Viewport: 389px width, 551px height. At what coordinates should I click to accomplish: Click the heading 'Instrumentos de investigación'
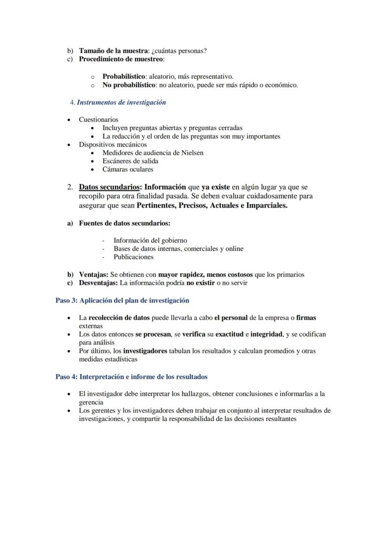121,102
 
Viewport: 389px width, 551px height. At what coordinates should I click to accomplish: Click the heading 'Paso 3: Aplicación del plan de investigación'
122,300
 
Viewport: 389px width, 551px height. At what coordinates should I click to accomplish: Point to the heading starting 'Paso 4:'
132,377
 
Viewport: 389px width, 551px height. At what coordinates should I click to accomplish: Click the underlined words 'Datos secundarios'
109,187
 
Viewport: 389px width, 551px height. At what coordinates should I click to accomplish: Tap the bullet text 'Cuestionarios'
99,120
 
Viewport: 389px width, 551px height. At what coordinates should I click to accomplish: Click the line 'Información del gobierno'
150,240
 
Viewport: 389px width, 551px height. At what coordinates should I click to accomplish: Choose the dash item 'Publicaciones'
133,257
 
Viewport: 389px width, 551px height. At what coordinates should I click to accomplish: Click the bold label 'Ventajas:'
93,274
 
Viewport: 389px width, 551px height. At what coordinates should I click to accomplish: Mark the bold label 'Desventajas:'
98,283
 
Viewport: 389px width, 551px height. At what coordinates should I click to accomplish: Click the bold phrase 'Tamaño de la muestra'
113,51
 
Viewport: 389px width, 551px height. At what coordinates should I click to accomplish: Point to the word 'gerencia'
91,402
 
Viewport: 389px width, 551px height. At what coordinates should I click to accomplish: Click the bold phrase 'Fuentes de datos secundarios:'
124,223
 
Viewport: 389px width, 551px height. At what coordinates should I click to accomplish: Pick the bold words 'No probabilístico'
129,85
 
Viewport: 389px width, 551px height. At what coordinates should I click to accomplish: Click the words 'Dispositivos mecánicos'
113,144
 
